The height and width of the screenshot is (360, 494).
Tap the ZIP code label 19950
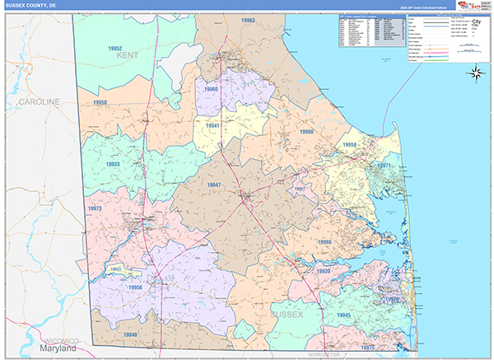point(100,103)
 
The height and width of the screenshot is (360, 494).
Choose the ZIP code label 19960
point(212,89)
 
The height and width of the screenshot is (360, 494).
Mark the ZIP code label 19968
point(306,132)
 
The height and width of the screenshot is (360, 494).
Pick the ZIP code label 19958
point(350,145)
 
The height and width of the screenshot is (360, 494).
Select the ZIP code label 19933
point(114,164)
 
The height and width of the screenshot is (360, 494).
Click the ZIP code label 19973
point(95,208)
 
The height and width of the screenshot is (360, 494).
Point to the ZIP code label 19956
point(136,287)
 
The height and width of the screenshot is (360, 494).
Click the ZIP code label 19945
point(343,316)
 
